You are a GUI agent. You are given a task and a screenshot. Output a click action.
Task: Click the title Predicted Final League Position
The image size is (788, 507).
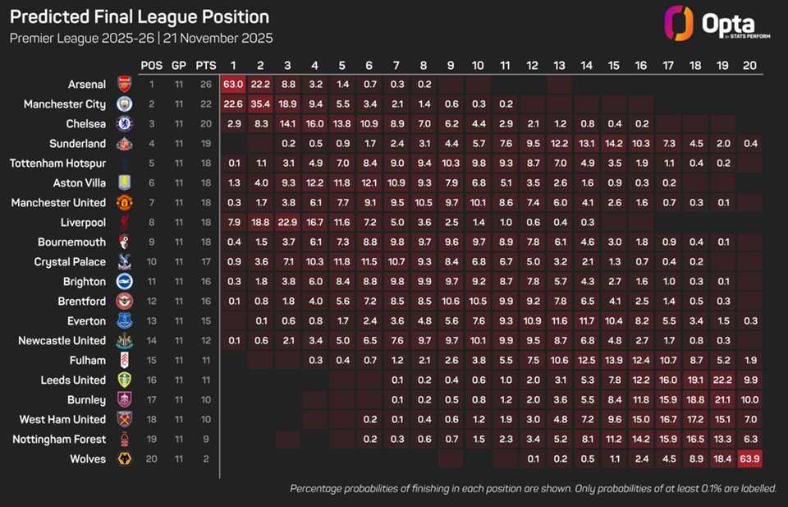coord(139,16)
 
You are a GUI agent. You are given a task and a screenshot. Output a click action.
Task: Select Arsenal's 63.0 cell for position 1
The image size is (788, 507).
coord(233,84)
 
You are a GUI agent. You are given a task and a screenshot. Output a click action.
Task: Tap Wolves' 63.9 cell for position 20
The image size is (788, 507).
coord(749,459)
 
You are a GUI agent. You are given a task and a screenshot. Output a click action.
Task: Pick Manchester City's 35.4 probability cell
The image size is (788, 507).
coord(260,104)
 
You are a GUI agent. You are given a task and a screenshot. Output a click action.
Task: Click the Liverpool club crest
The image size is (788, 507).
coord(124,222)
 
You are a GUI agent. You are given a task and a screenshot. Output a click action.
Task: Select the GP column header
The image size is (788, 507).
coord(178,65)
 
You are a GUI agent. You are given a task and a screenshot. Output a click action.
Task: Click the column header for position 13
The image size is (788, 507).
coord(559,65)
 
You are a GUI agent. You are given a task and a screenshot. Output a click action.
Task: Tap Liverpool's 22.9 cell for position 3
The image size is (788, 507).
coord(287,222)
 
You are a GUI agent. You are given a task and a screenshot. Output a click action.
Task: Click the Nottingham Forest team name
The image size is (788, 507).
coord(59,439)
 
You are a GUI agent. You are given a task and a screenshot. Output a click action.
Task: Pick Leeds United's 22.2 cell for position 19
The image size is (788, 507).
coord(722,380)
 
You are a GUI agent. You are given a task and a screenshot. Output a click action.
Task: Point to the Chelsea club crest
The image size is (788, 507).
coord(124,123)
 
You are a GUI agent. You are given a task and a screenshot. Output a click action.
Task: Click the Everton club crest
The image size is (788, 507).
coord(124,320)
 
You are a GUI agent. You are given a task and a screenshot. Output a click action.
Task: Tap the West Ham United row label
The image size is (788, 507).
coord(62,419)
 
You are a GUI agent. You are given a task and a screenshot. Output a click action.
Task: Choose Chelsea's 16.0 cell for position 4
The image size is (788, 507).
coord(314,123)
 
